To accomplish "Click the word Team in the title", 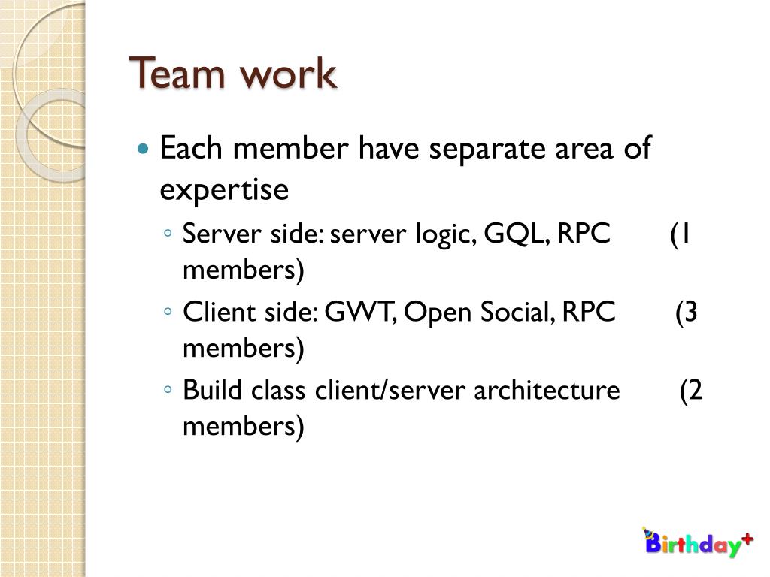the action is [179, 74].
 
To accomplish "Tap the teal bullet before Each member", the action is [144, 148].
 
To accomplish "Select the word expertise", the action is [224, 190].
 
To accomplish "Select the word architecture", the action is [547, 391].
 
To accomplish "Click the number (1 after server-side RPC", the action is [681, 234].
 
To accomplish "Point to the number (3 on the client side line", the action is [686, 312].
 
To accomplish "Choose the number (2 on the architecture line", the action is [691, 391].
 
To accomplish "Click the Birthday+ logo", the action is [696, 542].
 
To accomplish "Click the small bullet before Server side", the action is [169, 234].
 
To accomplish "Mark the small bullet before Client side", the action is [169, 312].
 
